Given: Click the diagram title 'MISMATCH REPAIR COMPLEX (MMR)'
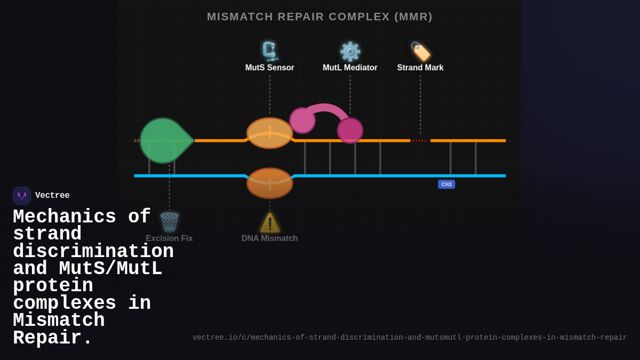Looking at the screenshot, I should click(x=319, y=17).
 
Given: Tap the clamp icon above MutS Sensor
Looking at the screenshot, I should click(x=270, y=52).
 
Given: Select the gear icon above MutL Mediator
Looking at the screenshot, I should click(x=350, y=52).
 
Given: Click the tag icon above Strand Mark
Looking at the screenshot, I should click(x=420, y=52).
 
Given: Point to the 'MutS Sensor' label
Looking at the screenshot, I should click(x=270, y=68).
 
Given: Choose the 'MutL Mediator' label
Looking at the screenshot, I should click(x=350, y=68).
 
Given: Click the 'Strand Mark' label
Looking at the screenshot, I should click(x=420, y=68).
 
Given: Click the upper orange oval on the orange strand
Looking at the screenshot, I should click(x=270, y=133).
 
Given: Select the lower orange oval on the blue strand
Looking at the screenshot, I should click(x=270, y=183).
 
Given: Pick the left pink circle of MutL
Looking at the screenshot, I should click(x=302, y=121).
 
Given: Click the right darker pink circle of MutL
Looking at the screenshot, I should click(x=350, y=131).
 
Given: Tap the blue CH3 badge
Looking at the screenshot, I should click(x=446, y=185).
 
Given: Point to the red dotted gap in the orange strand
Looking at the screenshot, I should click(x=420, y=141).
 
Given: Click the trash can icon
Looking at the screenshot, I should click(x=170, y=222).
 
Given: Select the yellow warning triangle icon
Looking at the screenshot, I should click(x=270, y=223).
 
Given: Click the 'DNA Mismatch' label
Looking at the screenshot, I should click(x=270, y=238).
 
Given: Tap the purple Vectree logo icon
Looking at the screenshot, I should click(x=22, y=196).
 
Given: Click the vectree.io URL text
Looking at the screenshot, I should click(x=410, y=338).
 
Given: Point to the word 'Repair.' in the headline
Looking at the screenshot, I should click(x=53, y=338).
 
